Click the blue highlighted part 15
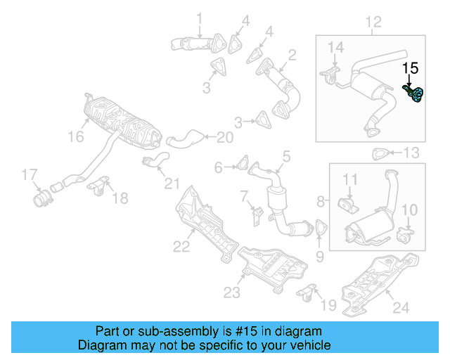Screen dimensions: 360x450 (415, 94)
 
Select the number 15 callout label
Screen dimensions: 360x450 (410, 68)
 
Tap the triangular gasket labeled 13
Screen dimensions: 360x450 (380, 153)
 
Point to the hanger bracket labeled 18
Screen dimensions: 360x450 (98, 186)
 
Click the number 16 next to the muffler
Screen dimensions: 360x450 (75, 138)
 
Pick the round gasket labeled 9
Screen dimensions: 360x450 (321, 229)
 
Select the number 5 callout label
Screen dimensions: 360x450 (287, 155)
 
